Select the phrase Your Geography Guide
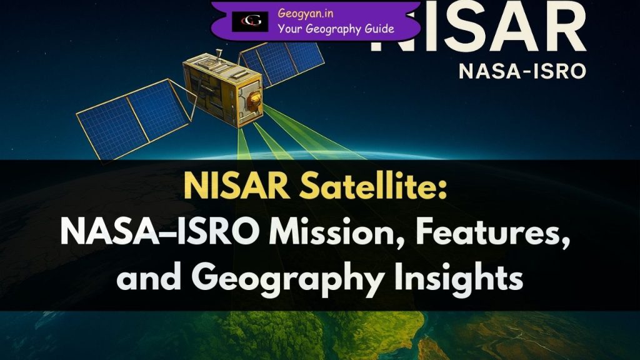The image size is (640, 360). [336, 28]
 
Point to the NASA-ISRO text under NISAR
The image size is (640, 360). [522, 71]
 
